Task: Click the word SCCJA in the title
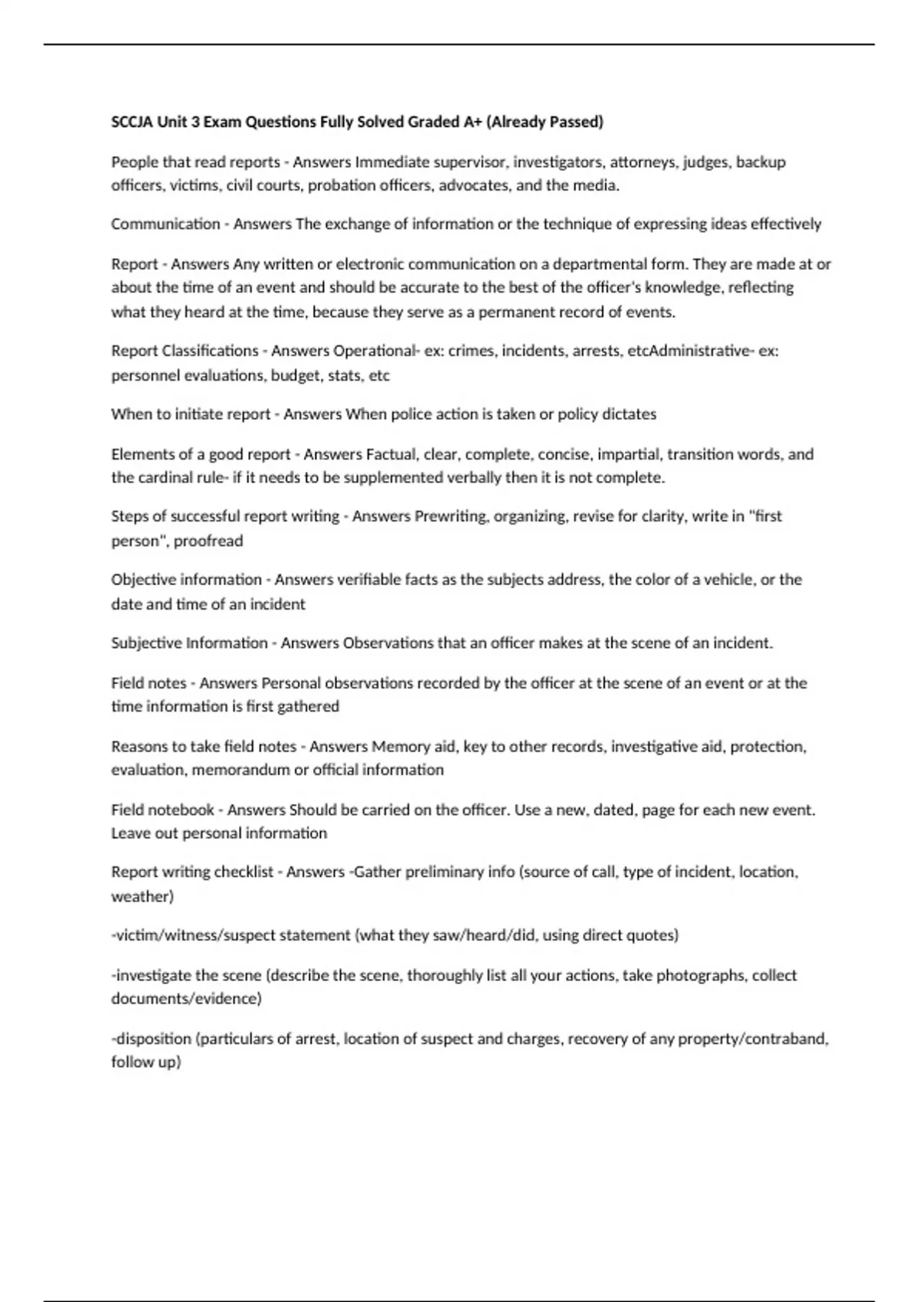pos(132,122)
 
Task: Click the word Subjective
pos(146,643)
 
